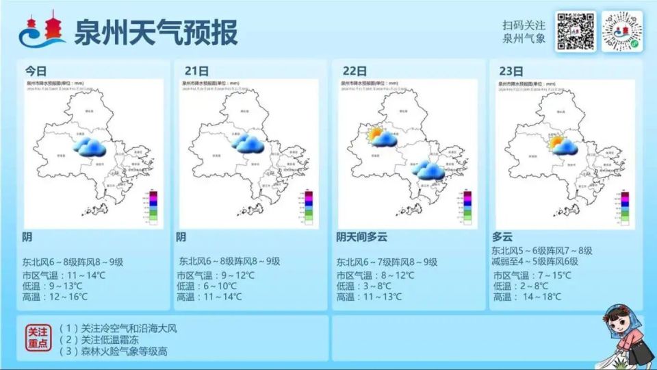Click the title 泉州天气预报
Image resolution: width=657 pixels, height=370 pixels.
point(156,32)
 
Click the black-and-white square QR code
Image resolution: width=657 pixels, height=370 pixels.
point(575,32)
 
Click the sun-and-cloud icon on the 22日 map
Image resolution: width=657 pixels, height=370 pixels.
point(383,137)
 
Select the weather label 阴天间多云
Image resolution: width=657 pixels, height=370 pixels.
point(361,237)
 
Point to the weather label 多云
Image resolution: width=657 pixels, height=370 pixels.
point(502,236)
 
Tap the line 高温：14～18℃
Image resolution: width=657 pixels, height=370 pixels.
point(527,297)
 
